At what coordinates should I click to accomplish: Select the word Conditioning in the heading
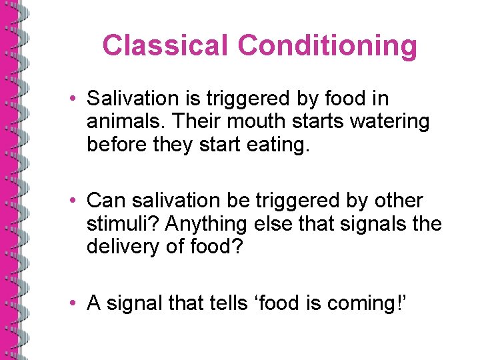[x=327, y=46]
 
